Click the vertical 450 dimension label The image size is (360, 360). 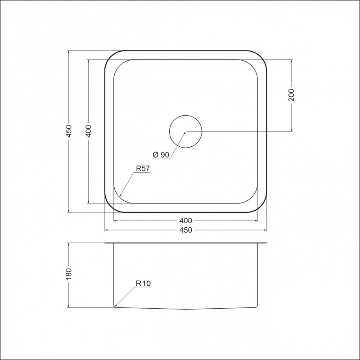(68, 131)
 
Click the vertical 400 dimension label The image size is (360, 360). (88, 131)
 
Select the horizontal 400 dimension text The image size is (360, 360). (185, 221)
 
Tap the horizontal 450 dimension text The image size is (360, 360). (185, 230)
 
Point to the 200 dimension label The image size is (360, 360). (291, 95)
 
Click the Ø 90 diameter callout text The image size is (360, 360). (161, 155)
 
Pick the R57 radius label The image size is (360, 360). (142, 169)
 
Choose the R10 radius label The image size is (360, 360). (142, 283)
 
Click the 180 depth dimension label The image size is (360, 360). (68, 274)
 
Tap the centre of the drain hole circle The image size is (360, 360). (185, 131)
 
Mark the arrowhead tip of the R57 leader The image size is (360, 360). (120, 197)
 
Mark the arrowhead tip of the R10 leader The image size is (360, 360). (115, 306)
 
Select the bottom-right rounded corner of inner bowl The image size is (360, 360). (252, 198)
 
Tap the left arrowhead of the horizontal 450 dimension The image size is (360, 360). (106, 230)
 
